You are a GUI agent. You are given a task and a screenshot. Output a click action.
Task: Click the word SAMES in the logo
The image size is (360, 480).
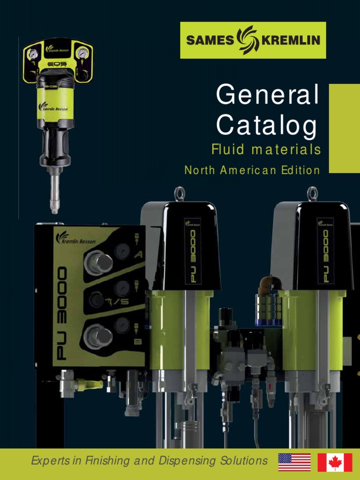210,40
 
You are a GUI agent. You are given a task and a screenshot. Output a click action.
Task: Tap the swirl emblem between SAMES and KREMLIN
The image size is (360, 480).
247,40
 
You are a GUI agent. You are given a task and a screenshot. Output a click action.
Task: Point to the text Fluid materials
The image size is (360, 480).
266,150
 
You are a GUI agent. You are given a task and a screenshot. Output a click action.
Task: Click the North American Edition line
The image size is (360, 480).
252,170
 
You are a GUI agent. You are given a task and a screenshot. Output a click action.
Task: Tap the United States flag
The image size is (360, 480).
294,462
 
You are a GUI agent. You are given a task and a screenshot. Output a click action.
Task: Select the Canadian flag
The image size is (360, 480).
335,462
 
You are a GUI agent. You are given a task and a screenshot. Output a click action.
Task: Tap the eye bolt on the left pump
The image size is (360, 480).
180,194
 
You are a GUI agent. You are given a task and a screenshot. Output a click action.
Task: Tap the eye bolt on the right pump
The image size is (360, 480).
312,193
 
